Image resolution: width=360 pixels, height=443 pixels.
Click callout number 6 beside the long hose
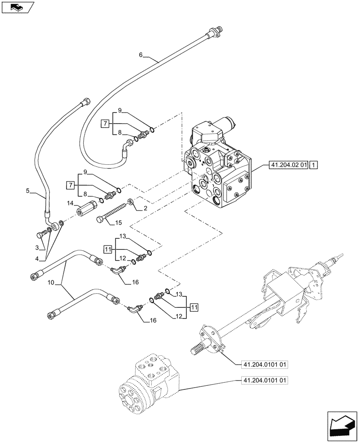[x=141, y=55]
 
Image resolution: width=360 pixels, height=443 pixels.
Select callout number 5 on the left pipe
[x=28, y=191]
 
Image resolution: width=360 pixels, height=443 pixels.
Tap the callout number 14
[x=70, y=203]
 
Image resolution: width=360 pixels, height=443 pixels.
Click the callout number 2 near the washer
[x=145, y=207]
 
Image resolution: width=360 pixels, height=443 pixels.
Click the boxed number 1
[x=313, y=166]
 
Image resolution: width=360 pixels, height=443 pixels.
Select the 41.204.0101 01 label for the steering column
[x=265, y=365]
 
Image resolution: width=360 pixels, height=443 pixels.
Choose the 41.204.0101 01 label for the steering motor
[x=265, y=380]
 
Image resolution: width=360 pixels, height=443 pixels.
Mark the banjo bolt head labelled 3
[x=43, y=232]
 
